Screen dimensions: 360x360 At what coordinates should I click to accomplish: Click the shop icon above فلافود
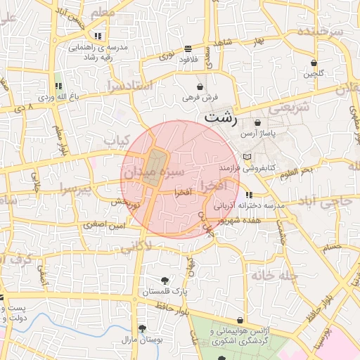pyautogui.click(x=188, y=49)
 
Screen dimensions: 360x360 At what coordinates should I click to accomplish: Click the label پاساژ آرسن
pyautogui.click(x=257, y=132)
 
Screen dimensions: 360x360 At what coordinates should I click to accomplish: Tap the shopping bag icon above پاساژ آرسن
pyautogui.click(x=257, y=122)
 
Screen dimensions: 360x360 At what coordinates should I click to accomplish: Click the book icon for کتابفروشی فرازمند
pyautogui.click(x=245, y=157)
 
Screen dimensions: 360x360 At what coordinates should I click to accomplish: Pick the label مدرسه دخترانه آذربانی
pyautogui.click(x=249, y=206)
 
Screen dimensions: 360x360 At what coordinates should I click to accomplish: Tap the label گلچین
pyautogui.click(x=314, y=73)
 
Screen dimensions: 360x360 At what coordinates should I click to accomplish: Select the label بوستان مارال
pyautogui.click(x=143, y=340)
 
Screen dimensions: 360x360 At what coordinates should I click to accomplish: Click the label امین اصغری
pyautogui.click(x=103, y=226)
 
